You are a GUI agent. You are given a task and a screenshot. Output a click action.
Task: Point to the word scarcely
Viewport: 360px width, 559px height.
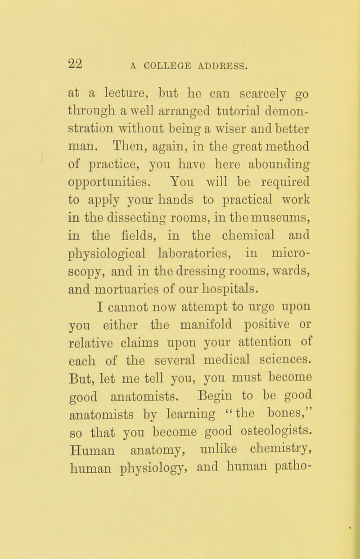tap(229, 95)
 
